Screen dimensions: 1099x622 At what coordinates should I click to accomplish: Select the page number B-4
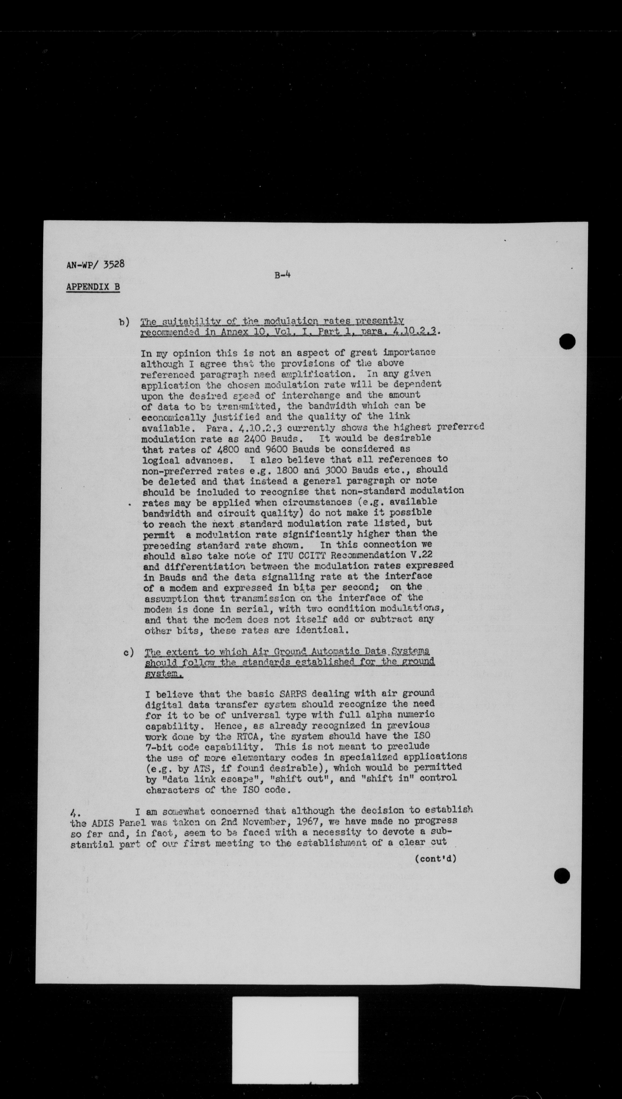point(282,275)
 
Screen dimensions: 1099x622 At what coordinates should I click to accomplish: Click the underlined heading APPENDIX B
point(93,287)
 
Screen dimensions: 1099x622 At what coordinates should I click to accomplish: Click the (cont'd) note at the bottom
point(435,858)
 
